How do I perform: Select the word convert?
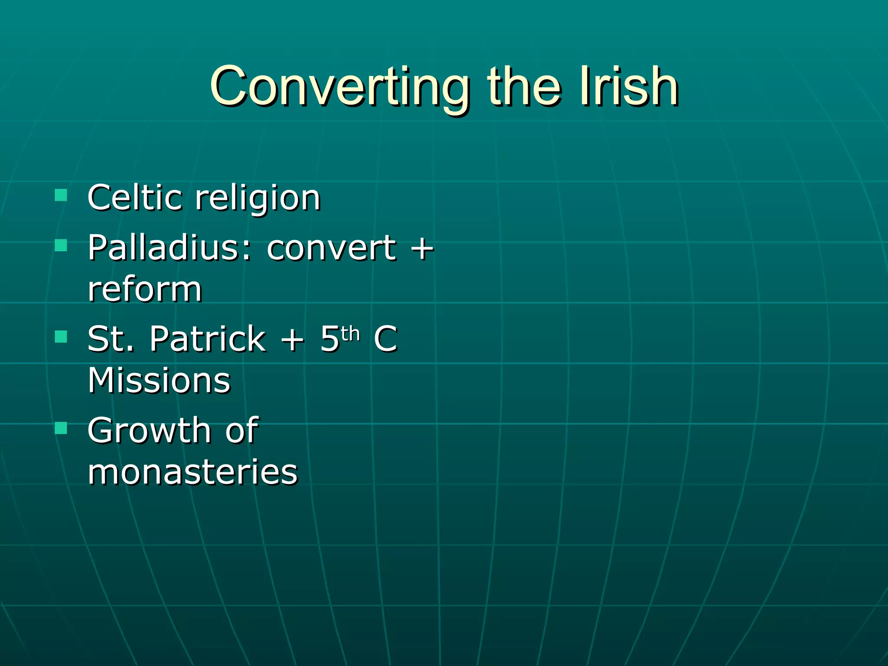[x=332, y=248]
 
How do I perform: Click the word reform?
[x=145, y=290]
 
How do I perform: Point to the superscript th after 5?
[x=350, y=333]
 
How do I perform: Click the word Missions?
[x=159, y=380]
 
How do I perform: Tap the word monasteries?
[x=193, y=472]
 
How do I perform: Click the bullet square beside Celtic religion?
[x=61, y=195]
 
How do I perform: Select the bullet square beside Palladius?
[x=61, y=245]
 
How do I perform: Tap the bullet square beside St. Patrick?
[x=61, y=337]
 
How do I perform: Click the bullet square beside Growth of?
[x=61, y=428]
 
